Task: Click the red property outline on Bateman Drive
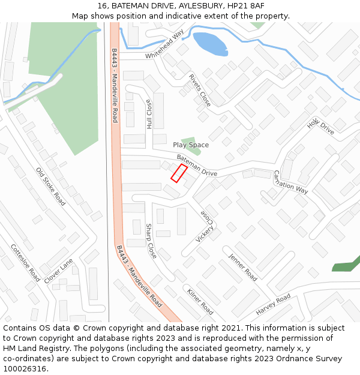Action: tap(179, 173)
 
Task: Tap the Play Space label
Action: tap(191, 145)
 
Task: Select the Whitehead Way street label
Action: tap(165, 44)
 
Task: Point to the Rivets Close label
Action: tap(200, 91)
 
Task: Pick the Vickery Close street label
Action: tap(205, 226)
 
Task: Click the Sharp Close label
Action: tap(151, 241)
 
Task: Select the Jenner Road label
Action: tap(242, 267)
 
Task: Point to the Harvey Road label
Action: tap(273, 305)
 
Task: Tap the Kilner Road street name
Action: tap(200, 302)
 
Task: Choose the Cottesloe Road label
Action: tap(25, 263)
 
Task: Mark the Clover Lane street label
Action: tap(58, 271)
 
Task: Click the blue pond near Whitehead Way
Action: tap(210, 44)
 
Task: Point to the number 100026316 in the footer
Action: tap(25, 368)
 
